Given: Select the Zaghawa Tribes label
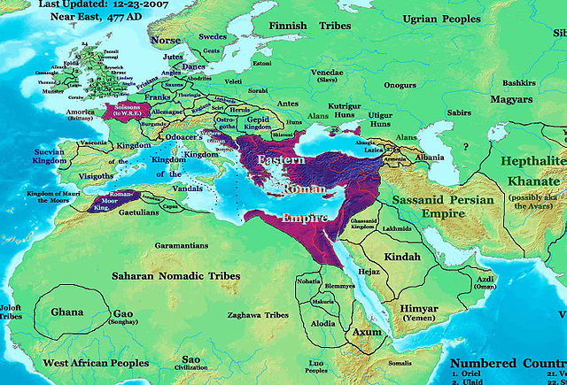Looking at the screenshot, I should pyautogui.click(x=257, y=315).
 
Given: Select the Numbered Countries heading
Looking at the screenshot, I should pyautogui.click(x=507, y=364).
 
